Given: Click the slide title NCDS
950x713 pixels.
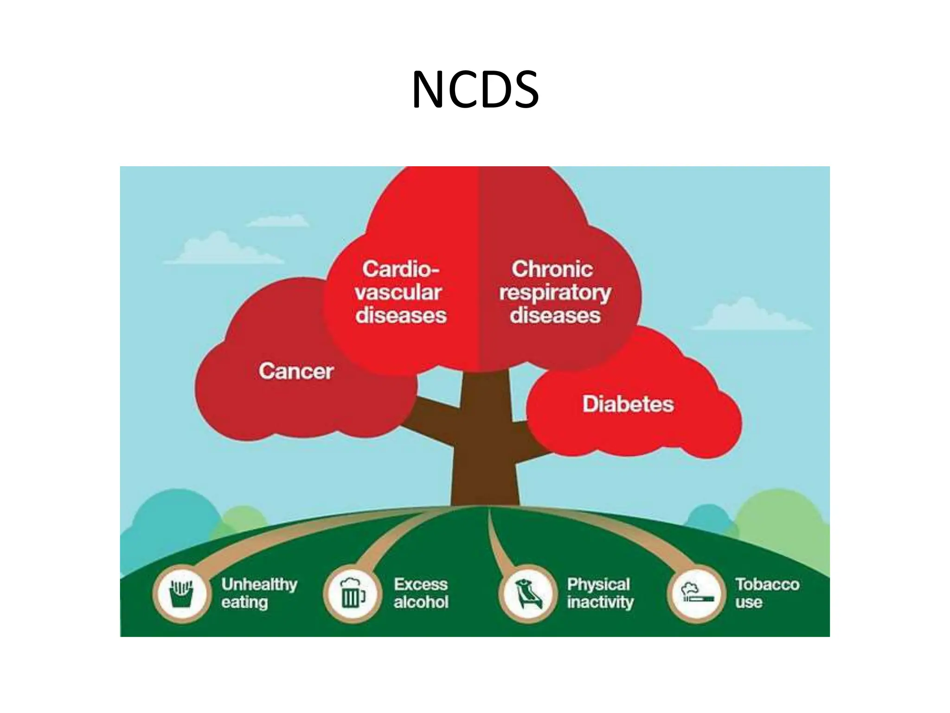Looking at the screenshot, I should point(475,90).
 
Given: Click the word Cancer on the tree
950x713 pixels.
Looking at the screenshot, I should point(296,371).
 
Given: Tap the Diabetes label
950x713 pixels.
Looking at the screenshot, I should point(628,404).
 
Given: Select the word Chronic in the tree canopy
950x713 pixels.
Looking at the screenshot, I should point(552,269).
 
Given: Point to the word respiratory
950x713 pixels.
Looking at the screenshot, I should point(555,293).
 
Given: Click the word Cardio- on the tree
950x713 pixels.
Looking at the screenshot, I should point(400,269).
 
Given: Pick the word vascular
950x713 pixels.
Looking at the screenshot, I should point(398,292).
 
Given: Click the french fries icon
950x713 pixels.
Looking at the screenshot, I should point(182,594).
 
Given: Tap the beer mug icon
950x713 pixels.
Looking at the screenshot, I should point(353,594).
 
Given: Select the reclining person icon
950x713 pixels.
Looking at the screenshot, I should point(527,595).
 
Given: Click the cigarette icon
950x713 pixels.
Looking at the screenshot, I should point(696,595).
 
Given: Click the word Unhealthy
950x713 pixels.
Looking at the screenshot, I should point(259,584).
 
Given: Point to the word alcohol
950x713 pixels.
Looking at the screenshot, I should point(421,603).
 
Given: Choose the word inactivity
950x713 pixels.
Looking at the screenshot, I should point(600,603).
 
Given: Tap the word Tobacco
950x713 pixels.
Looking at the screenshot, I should point(767,584).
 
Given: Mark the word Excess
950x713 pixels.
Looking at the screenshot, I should point(421,584).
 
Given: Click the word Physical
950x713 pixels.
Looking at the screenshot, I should point(598,584).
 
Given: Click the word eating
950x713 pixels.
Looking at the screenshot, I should point(244,603).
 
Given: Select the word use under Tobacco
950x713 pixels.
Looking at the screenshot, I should point(748,603).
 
